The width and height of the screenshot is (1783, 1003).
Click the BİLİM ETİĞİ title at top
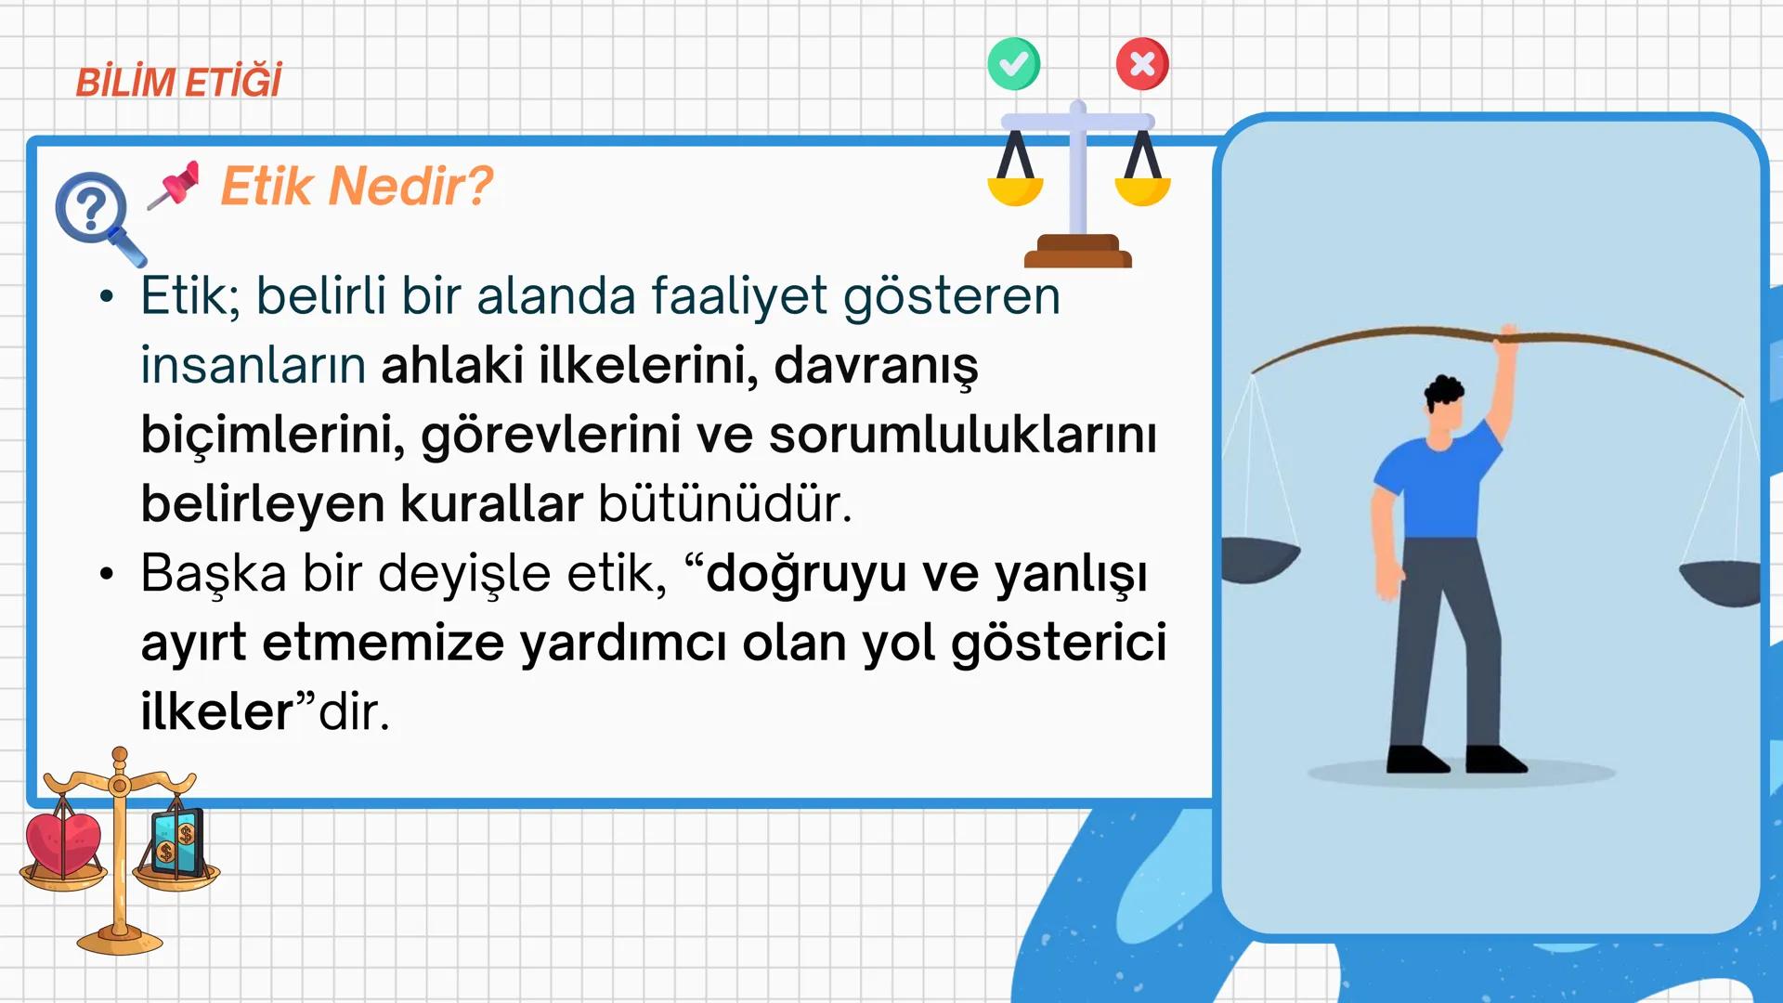[x=178, y=82]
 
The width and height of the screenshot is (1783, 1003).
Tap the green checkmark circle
[x=1013, y=64]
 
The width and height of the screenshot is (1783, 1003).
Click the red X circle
[x=1142, y=64]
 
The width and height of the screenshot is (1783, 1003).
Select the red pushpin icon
[x=176, y=184]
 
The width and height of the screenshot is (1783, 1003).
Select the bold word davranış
[x=876, y=366]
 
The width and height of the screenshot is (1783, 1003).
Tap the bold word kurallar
[x=491, y=504]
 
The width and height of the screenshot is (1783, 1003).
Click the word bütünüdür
[x=724, y=504]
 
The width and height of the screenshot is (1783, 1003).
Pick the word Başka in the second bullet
[x=214, y=573]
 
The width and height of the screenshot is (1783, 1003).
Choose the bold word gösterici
[x=1059, y=643]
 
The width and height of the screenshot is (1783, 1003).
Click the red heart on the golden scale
[x=63, y=843]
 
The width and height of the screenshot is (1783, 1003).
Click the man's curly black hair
[x=1443, y=391]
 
